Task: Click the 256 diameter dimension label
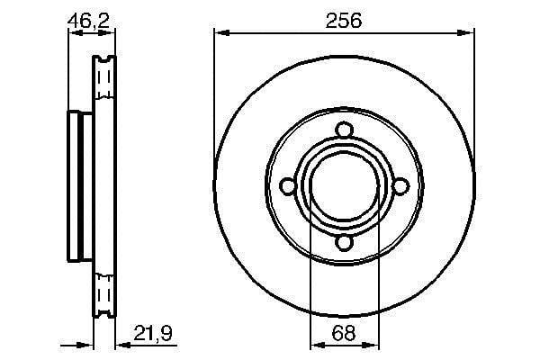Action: click(x=344, y=21)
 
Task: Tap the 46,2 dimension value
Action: click(x=88, y=21)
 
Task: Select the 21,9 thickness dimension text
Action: click(x=153, y=333)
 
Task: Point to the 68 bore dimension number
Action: click(x=344, y=333)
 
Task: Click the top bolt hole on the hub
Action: click(x=344, y=130)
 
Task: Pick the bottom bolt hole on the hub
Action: click(x=344, y=242)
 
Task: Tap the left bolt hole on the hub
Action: click(x=288, y=186)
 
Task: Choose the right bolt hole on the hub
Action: click(x=400, y=186)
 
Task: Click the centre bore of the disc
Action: click(x=345, y=186)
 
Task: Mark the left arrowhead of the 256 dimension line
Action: click(x=221, y=32)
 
